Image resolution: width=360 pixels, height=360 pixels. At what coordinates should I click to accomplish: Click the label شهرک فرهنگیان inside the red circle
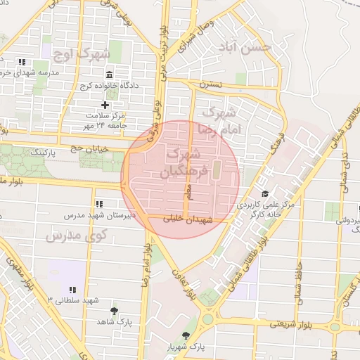point(185,162)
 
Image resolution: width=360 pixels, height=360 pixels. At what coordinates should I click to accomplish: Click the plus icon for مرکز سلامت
point(105,105)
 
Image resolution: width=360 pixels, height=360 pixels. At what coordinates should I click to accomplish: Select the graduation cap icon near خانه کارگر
point(264,194)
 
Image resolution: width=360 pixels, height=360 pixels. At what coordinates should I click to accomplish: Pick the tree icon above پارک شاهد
point(114,310)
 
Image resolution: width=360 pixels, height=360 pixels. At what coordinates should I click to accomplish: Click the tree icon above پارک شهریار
point(186,336)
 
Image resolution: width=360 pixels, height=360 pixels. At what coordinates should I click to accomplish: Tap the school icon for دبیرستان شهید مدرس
point(98,203)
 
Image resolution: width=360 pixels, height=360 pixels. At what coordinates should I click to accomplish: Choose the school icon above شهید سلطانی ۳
point(72,289)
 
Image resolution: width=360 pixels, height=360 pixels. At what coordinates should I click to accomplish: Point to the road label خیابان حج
point(89,147)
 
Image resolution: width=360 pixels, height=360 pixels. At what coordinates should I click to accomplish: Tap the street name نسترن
point(210,84)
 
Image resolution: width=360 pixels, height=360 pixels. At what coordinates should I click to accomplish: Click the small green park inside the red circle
point(216,169)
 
